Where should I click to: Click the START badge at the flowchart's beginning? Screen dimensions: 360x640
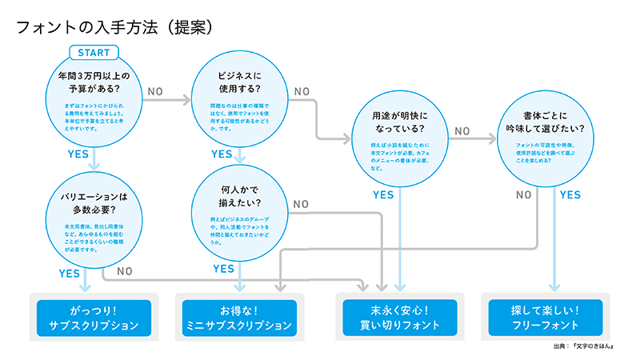coord(94,53)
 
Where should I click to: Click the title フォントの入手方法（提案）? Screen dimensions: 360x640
coord(114,26)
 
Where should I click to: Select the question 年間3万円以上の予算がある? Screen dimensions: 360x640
coord(94,83)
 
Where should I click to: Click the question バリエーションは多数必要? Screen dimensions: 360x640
coord(94,205)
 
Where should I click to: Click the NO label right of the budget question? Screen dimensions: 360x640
coord(156,91)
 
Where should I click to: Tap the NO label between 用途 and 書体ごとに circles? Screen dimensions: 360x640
coord(462,131)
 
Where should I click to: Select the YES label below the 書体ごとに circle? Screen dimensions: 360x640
coord(570,194)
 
